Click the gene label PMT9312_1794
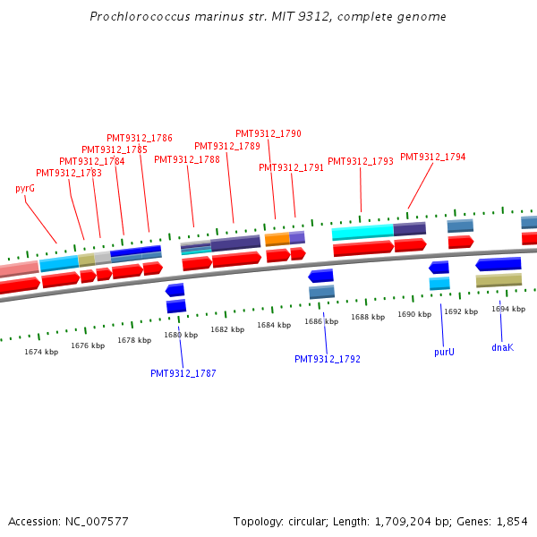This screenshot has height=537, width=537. [x=432, y=158]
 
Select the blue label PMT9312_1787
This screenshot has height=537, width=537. [x=183, y=373]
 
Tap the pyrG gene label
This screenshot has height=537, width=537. [x=25, y=189]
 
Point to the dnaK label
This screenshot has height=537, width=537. [x=502, y=347]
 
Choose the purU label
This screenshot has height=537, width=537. [x=444, y=352]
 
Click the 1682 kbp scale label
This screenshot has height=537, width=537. [x=227, y=329]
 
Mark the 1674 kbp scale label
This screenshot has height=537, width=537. [x=41, y=352]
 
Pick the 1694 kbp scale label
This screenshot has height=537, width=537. [x=507, y=309]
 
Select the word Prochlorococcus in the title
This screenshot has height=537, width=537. [x=132, y=17]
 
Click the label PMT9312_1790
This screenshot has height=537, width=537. [x=268, y=133]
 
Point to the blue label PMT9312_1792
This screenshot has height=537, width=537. [x=328, y=359]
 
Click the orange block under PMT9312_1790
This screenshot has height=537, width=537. [x=277, y=239]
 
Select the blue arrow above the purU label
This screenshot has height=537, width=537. [x=439, y=267]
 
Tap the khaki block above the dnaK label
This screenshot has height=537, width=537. [x=499, y=280]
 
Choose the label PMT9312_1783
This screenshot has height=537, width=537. [x=69, y=173]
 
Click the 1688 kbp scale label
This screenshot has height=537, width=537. [x=367, y=317]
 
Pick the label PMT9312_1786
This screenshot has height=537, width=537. [x=140, y=138]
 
